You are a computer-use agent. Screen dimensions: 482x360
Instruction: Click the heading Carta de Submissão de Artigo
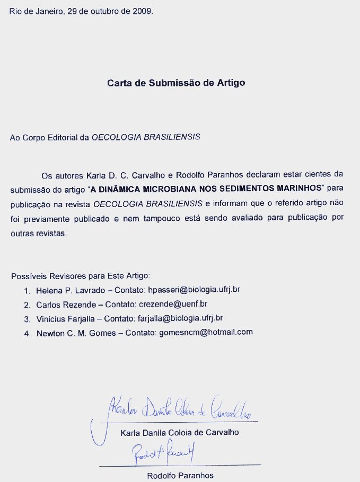177,83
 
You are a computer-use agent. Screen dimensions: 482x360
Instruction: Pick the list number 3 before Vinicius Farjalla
26,319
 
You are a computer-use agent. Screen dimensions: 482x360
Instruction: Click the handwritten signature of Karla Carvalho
175,408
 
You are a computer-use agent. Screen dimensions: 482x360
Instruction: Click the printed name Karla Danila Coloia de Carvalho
180,432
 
